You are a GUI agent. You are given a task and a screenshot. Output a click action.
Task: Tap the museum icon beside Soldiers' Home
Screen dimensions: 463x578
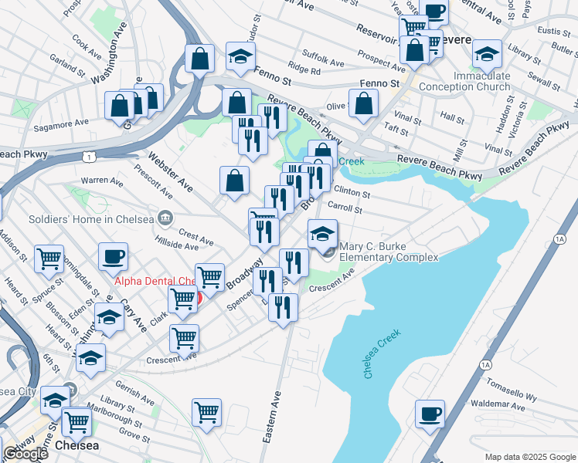coord(165,218)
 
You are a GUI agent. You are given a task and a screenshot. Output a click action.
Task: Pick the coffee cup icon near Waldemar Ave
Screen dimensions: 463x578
coord(429,413)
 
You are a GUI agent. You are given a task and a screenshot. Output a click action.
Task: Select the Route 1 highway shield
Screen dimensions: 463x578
coord(90,157)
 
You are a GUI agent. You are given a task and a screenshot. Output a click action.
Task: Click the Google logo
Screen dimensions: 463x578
coord(25,454)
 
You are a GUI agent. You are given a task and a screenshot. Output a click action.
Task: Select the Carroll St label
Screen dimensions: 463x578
coord(345,208)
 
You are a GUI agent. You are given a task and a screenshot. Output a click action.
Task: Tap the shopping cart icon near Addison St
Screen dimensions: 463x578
coord(49,259)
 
